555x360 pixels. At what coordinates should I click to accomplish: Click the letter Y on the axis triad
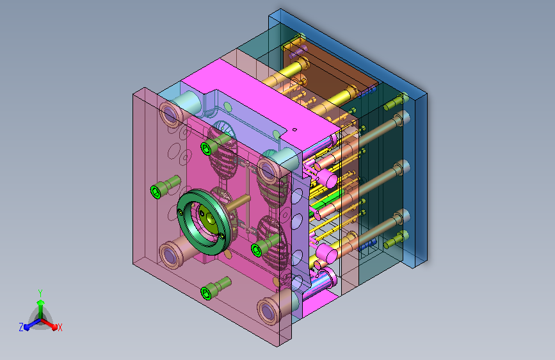point(40,293)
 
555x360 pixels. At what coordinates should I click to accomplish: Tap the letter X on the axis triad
point(60,327)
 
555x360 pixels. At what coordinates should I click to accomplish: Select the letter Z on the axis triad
point(21,327)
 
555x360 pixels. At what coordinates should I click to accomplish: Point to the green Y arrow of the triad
point(41,309)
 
